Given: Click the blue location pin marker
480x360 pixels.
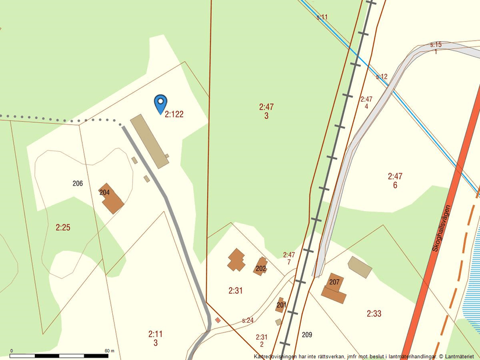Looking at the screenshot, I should point(161,104).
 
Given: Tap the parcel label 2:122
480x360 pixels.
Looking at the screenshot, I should point(174,115).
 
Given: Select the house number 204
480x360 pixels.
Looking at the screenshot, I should point(105,193).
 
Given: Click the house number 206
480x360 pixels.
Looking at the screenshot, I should point(78,184).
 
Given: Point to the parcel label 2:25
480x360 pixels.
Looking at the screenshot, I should point(63,227).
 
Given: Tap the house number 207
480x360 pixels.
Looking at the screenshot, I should point(334,282).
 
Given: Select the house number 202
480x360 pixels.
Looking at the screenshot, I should point(261,269).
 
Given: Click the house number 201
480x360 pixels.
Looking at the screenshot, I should point(282,305).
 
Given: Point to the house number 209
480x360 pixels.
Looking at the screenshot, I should point(307,334).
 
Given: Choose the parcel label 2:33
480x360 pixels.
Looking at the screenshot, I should point(374,314).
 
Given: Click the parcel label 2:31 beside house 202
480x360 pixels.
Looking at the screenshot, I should point(236,290).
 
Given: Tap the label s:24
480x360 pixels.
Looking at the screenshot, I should point(248,320).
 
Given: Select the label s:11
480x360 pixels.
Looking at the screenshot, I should point(322,17).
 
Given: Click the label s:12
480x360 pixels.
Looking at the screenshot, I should point(382,77).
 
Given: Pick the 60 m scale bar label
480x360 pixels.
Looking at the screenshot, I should point(109,351).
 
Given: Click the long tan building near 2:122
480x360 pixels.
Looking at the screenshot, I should point(150,141).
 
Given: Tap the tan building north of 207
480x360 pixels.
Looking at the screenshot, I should point(360,267).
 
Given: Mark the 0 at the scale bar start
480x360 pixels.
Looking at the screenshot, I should point(12,351).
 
